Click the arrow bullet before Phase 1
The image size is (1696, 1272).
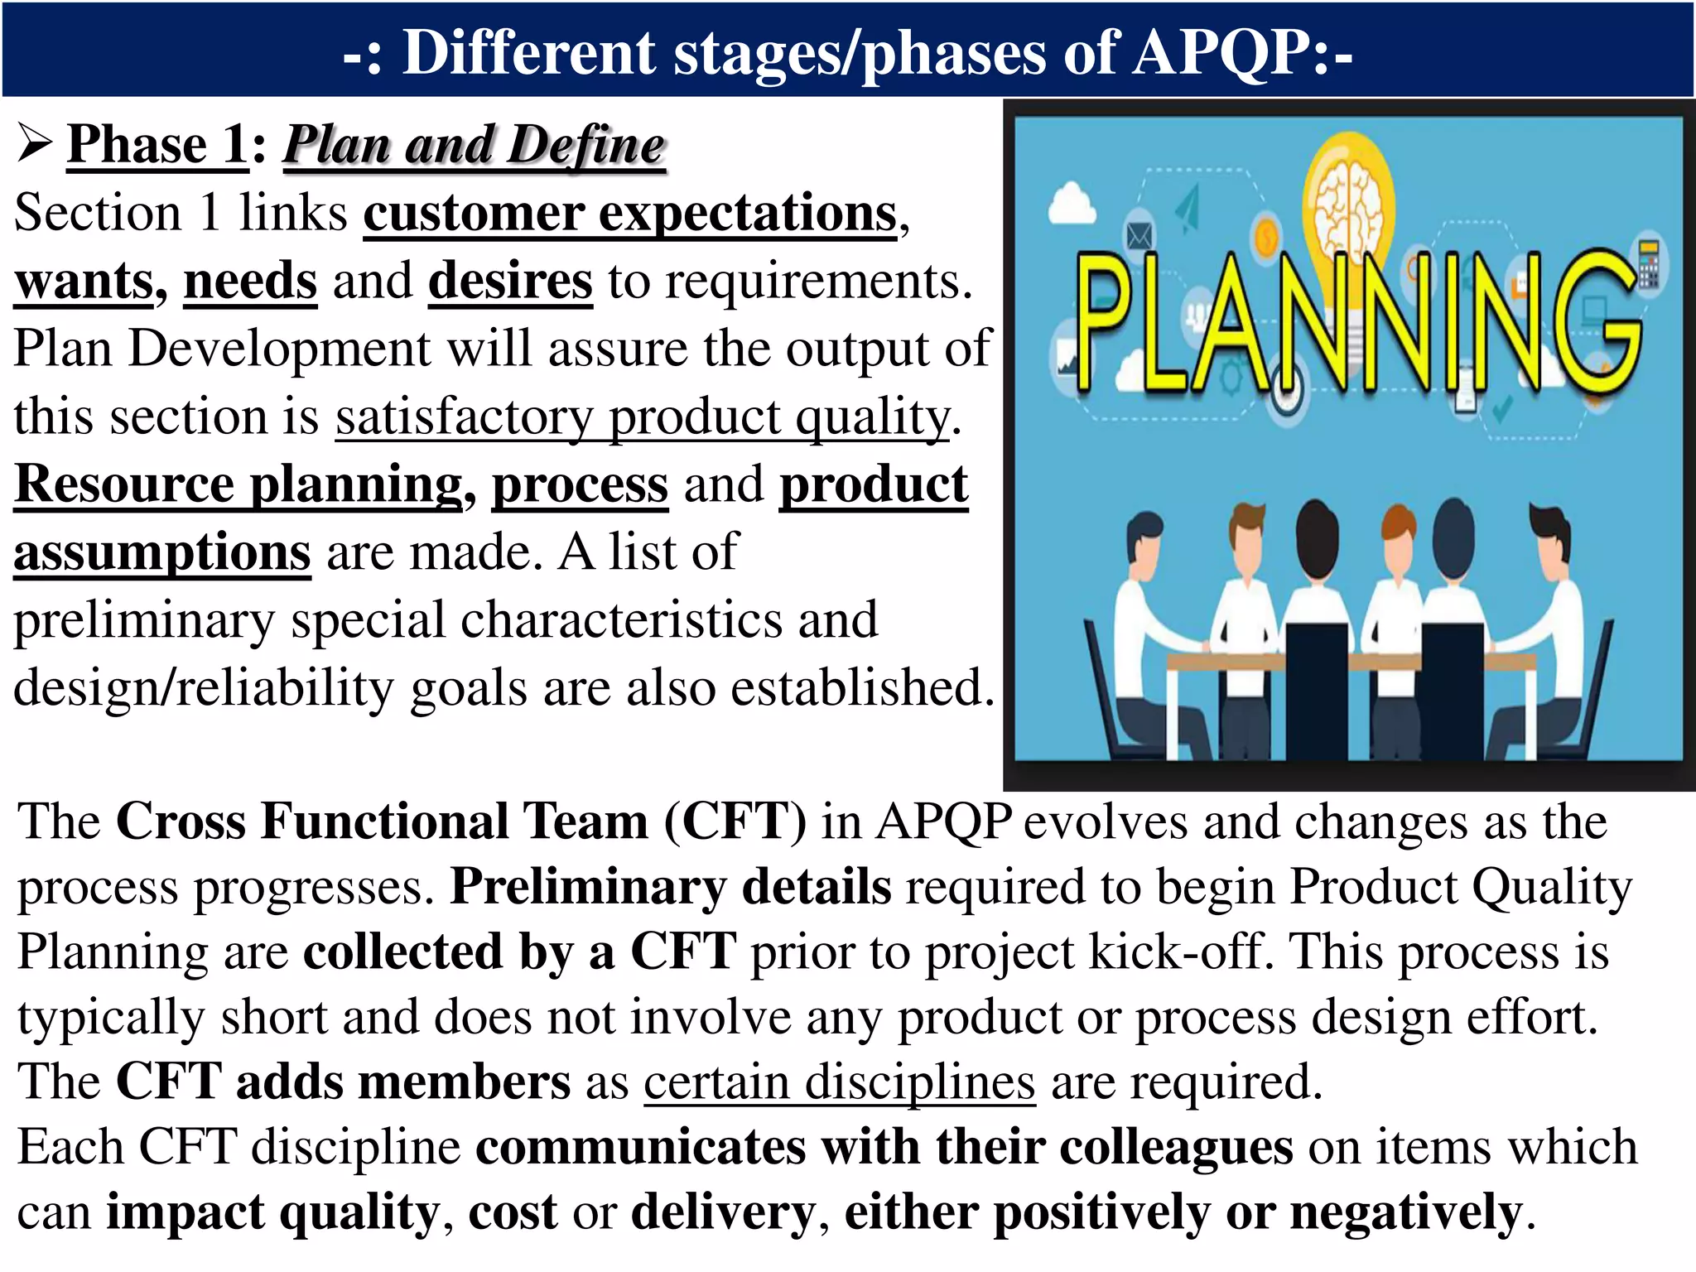[35, 144]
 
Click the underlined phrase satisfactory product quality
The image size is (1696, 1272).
[643, 417]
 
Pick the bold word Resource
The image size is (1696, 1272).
[124, 484]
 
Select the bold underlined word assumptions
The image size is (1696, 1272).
[162, 552]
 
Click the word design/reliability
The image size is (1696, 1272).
[203, 688]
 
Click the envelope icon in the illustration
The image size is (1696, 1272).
[1139, 237]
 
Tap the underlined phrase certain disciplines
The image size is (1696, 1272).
[839, 1082]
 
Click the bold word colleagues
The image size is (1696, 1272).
[1176, 1148]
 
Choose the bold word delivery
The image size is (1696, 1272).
[723, 1213]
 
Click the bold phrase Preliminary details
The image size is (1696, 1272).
[671, 887]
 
